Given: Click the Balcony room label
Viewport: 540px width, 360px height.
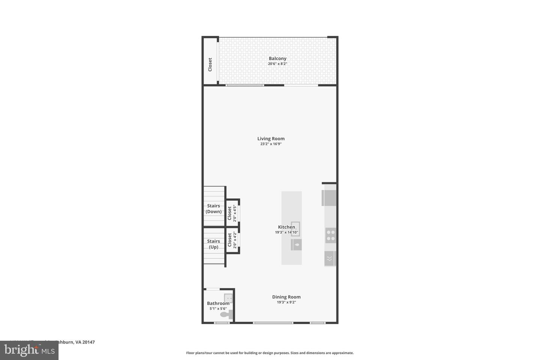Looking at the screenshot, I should click(277, 58).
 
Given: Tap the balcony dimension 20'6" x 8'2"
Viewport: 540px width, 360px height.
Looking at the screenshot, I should click(277, 64).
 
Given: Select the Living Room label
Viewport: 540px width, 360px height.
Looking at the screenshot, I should click(271, 139).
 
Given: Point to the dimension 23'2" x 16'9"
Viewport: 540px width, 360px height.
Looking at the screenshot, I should click(271, 144).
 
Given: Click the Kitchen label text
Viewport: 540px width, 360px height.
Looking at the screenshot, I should click(286, 227).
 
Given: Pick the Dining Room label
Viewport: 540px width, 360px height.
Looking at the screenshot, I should click(286, 297).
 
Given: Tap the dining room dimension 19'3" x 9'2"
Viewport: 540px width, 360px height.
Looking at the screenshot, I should click(286, 302).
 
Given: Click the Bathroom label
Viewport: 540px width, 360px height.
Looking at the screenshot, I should click(218, 303).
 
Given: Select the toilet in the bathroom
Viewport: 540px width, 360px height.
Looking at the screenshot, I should click(226, 314).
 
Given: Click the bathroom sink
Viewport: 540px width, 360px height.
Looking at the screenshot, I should click(228, 298).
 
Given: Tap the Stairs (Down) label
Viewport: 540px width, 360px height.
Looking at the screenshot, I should click(214, 208).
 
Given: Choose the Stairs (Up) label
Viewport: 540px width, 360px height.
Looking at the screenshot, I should click(214, 244).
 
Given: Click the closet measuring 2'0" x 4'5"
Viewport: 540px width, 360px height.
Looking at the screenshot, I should click(232, 213).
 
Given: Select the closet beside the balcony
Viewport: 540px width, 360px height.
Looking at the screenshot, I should click(210, 64).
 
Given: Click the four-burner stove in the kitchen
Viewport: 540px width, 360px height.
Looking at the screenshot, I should click(331, 235).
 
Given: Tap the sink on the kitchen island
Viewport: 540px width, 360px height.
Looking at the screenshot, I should click(295, 228).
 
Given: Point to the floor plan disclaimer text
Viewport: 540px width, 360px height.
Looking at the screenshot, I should click(270, 353).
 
